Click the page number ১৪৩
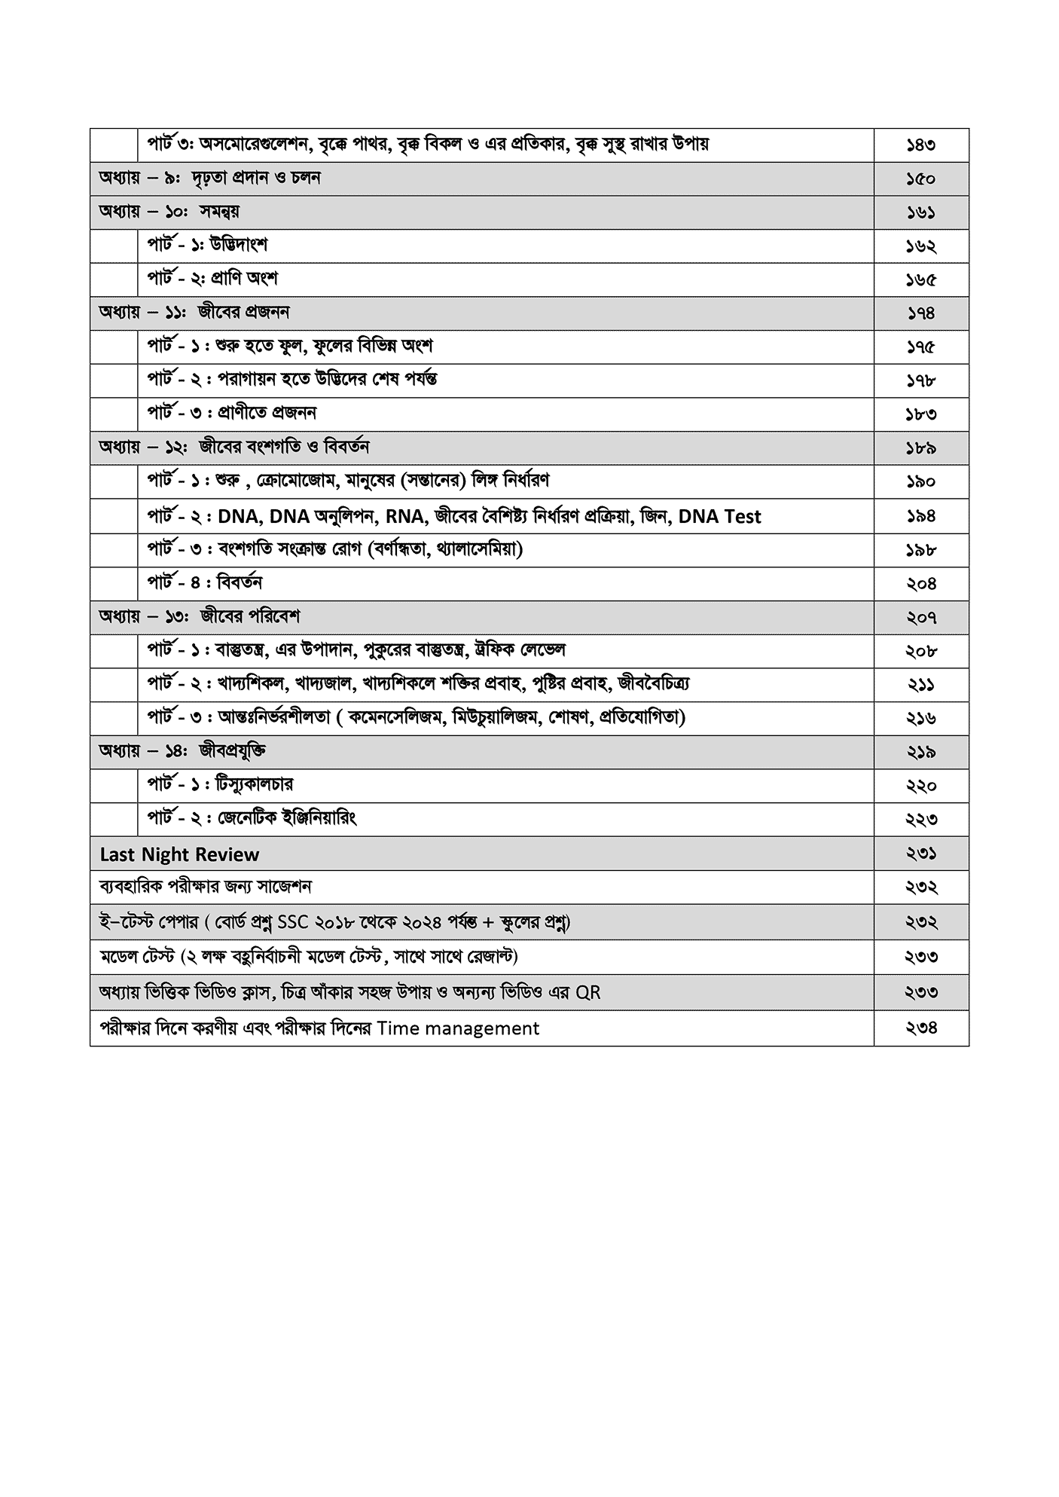(x=920, y=145)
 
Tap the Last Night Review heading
(x=179, y=854)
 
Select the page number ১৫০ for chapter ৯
(x=920, y=179)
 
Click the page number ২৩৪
(x=920, y=1028)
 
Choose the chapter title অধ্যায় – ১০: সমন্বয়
(x=169, y=212)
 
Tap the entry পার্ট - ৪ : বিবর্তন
(x=205, y=583)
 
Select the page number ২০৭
(x=920, y=618)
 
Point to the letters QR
(x=587, y=992)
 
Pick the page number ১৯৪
(x=920, y=517)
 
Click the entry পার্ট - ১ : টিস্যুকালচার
(x=220, y=785)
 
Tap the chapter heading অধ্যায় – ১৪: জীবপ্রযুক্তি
(x=182, y=751)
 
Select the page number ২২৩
(x=920, y=820)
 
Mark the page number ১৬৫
(x=920, y=280)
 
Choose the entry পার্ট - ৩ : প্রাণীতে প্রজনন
(x=232, y=413)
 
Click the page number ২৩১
(x=920, y=854)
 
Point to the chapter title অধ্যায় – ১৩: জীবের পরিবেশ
(x=200, y=617)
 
